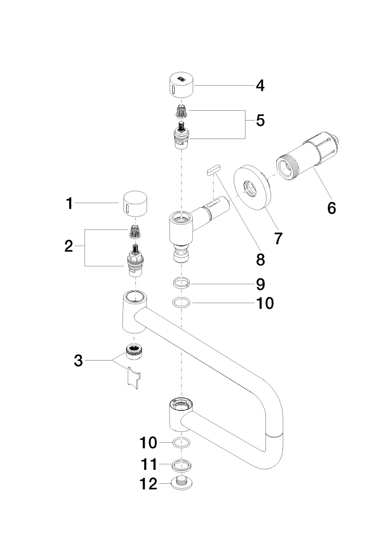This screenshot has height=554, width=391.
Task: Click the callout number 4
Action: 260,85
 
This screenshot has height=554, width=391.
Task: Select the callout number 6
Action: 332,208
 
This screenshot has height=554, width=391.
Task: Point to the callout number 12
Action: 149,484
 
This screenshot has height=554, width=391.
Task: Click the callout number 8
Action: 260,260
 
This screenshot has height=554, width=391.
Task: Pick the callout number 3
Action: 78,361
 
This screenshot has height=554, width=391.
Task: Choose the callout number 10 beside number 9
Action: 265,303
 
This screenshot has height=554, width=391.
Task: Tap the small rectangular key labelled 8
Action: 213,169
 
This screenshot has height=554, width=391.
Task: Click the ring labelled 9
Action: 180,283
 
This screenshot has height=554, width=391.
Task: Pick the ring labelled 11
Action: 180,465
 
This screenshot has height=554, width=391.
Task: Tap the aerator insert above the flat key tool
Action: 133,352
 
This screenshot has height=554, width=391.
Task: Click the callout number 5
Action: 260,121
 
